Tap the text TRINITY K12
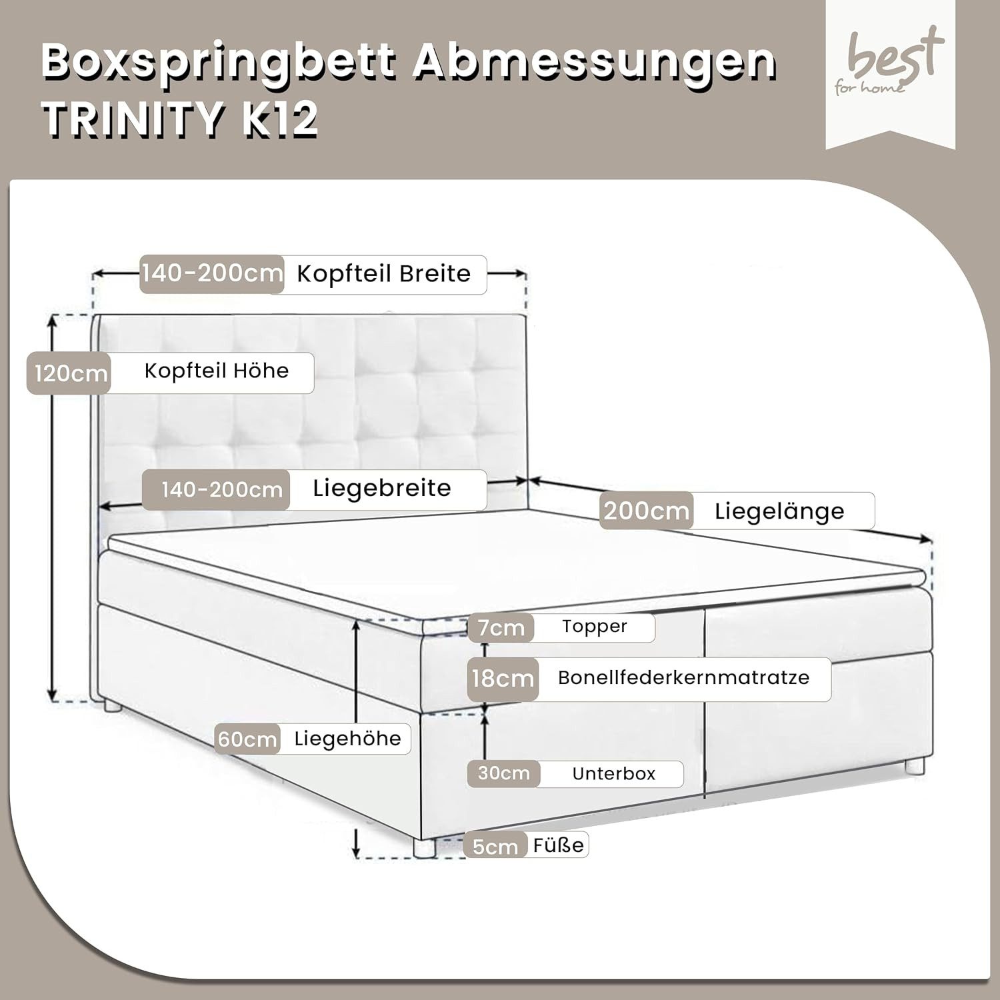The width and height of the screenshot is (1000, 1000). (x=180, y=120)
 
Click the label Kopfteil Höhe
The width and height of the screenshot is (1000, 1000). (x=217, y=371)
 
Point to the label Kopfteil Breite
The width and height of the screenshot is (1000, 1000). (x=383, y=274)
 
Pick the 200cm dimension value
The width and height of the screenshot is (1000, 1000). (x=646, y=511)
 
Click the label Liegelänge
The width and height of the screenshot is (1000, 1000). (x=779, y=512)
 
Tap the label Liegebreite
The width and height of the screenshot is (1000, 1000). (x=382, y=489)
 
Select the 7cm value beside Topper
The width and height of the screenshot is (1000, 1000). (x=501, y=628)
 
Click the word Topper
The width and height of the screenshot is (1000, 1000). (x=595, y=627)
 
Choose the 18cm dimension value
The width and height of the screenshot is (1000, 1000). (x=503, y=679)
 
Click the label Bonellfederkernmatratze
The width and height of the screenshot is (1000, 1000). (x=683, y=677)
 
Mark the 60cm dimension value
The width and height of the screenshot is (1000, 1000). (x=247, y=739)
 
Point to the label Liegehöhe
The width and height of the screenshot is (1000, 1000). (x=347, y=739)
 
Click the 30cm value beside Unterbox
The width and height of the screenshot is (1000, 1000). (x=504, y=773)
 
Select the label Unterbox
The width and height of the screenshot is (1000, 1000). (x=614, y=774)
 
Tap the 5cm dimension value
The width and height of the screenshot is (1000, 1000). (x=495, y=847)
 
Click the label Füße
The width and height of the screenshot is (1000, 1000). (x=559, y=845)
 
